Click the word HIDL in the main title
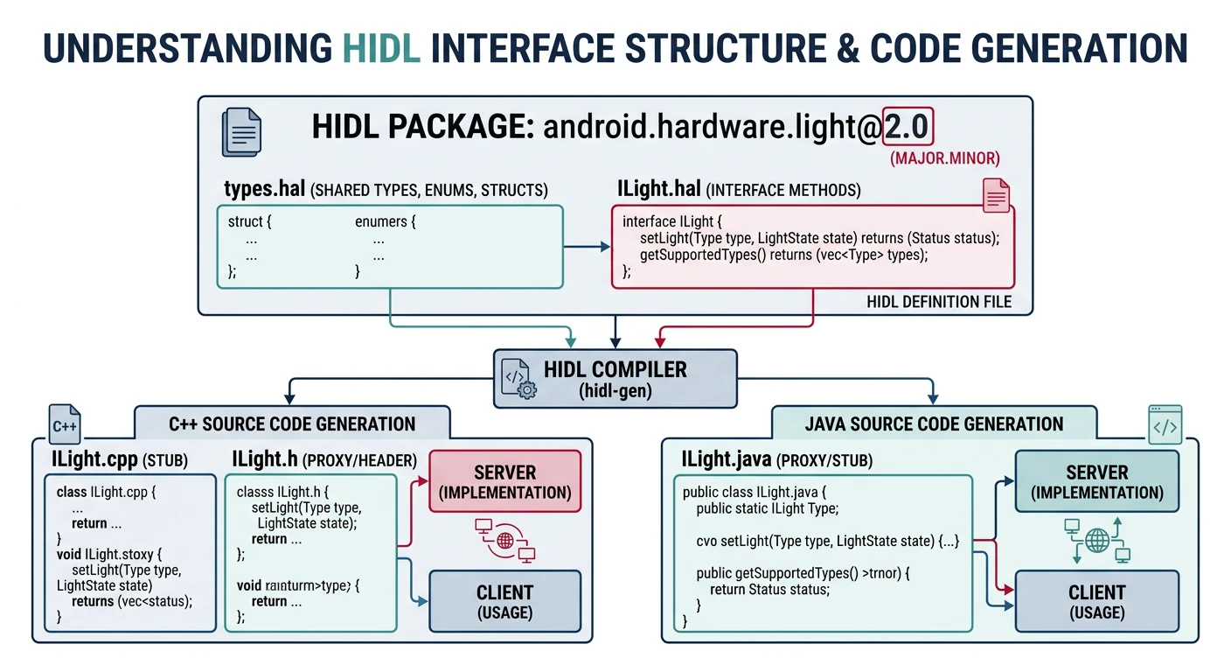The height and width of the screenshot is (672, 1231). point(381,48)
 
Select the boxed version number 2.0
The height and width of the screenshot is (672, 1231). point(908,129)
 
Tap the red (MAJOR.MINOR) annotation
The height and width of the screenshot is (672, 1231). point(943,159)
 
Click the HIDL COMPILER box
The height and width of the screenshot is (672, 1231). point(615,378)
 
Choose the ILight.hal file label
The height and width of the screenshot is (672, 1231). point(658,190)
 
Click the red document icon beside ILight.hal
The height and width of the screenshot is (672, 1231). point(996,194)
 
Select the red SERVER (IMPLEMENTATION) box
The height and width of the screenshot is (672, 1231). point(504,481)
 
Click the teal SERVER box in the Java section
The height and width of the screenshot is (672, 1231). point(1096,481)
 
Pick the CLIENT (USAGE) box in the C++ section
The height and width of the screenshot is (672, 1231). point(504,601)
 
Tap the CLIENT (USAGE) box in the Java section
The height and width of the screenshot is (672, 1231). point(1096,601)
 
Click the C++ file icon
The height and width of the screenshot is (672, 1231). point(65,425)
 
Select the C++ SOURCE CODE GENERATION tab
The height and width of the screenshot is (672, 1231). point(292,424)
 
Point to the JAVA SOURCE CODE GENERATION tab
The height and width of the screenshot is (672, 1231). point(934,424)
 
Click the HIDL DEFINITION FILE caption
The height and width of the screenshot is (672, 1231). point(939,302)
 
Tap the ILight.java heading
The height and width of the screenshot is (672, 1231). point(727,458)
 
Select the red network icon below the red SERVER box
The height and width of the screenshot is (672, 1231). point(504,540)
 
